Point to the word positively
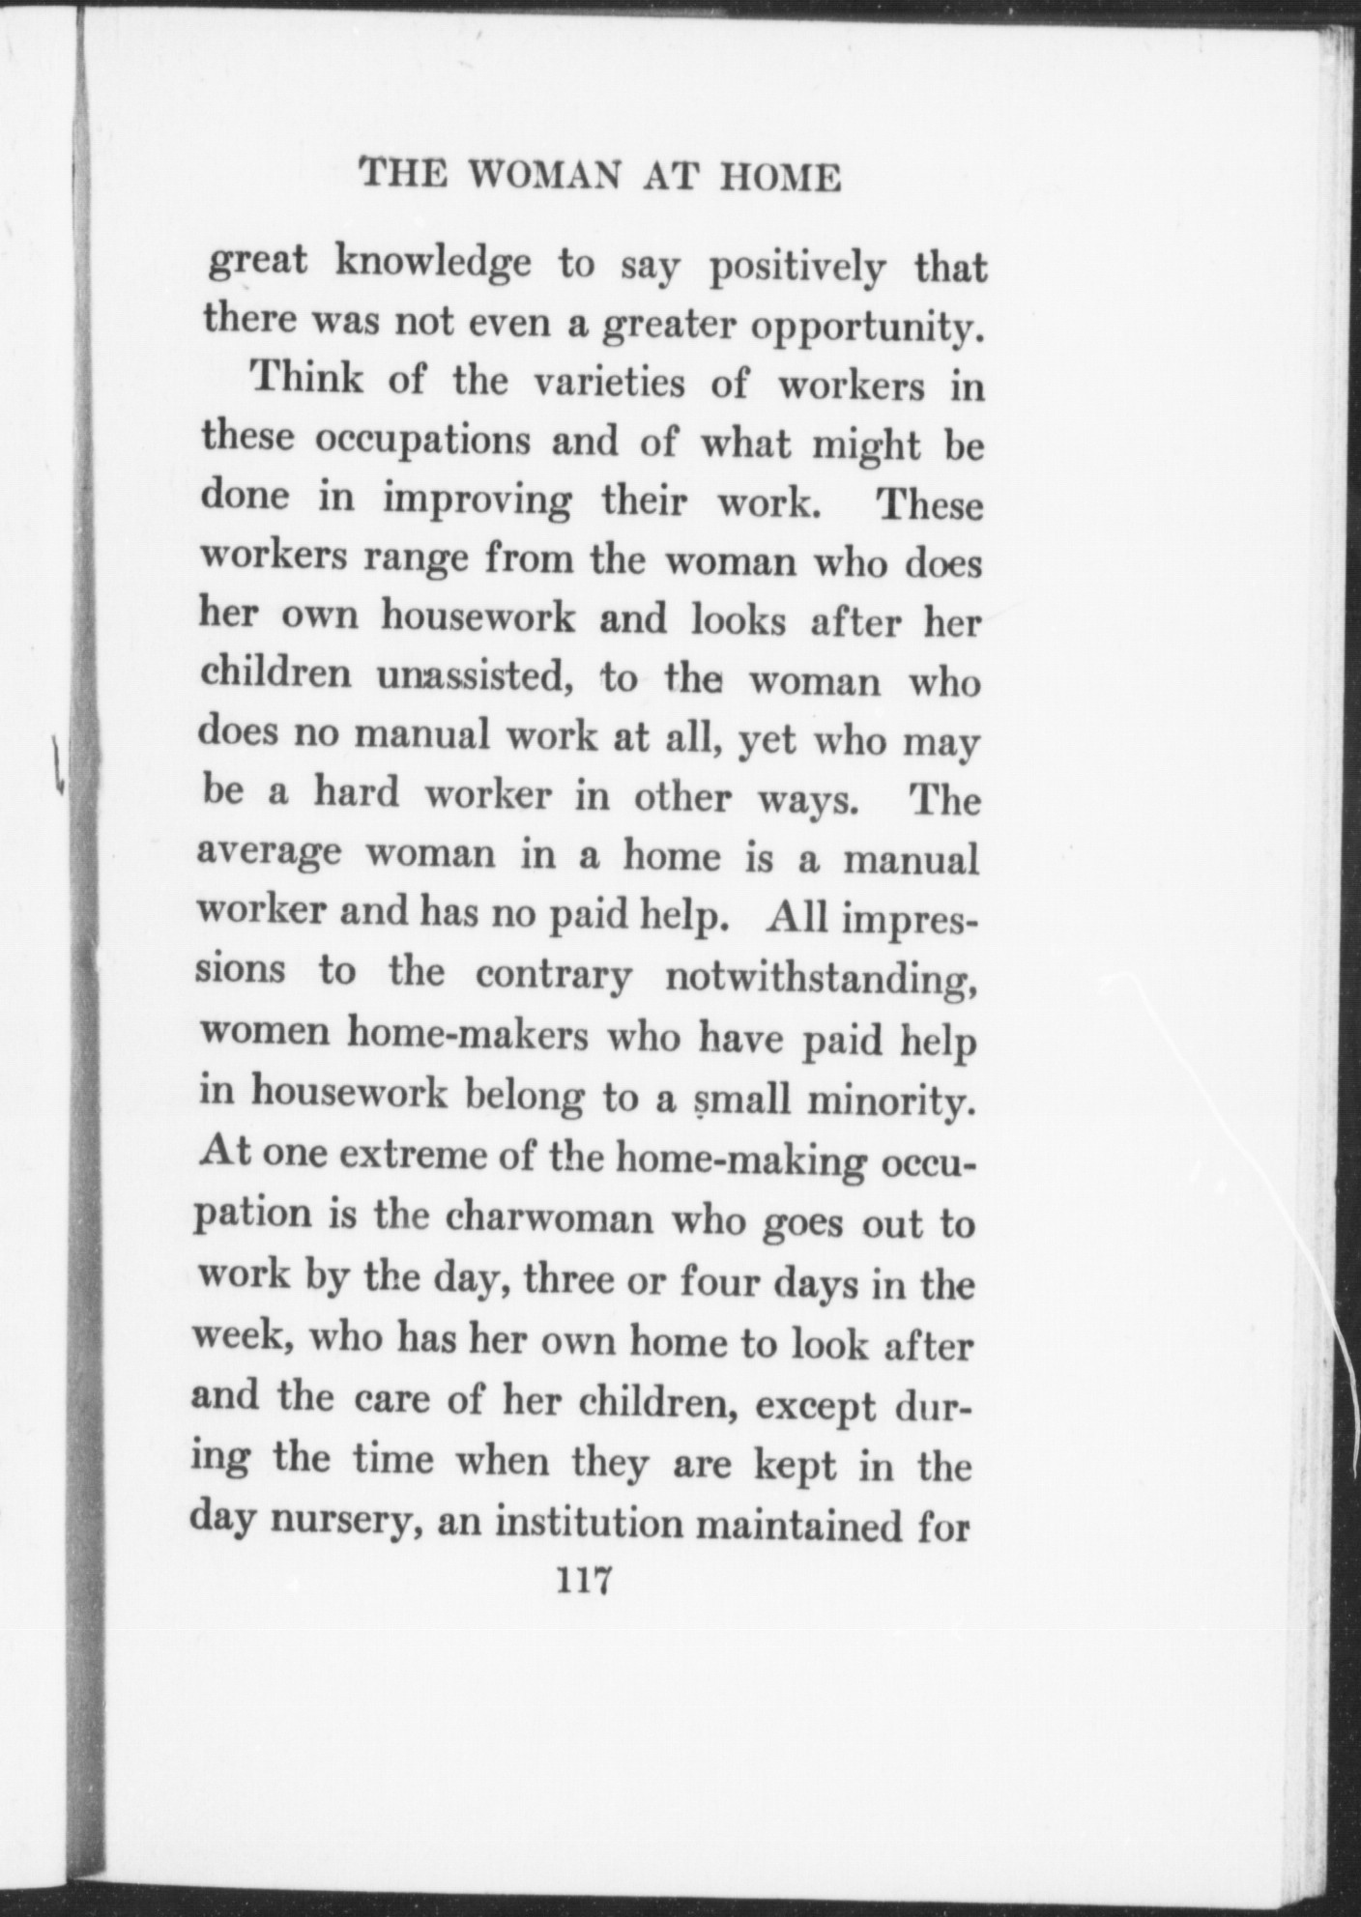click(796, 270)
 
